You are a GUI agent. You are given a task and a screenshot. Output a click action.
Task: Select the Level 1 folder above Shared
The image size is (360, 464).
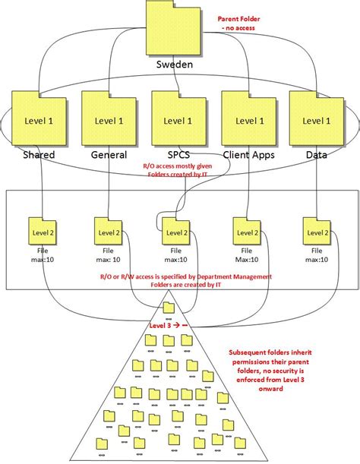(x=39, y=120)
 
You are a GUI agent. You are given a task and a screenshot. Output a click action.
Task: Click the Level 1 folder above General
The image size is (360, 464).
(x=109, y=120)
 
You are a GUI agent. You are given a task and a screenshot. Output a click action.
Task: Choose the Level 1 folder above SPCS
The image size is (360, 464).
(x=179, y=120)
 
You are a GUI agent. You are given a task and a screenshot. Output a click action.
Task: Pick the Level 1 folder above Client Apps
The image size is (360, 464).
(x=249, y=120)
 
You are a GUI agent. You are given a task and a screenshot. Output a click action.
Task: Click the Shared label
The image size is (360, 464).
(x=39, y=156)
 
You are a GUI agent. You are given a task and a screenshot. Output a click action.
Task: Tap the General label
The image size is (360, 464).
(x=109, y=156)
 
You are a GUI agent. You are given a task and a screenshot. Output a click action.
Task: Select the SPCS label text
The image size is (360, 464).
(x=179, y=156)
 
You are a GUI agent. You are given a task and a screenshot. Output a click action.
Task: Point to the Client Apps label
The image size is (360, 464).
(x=249, y=156)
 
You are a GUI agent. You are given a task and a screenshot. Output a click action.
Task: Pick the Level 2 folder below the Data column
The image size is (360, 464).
(x=317, y=230)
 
